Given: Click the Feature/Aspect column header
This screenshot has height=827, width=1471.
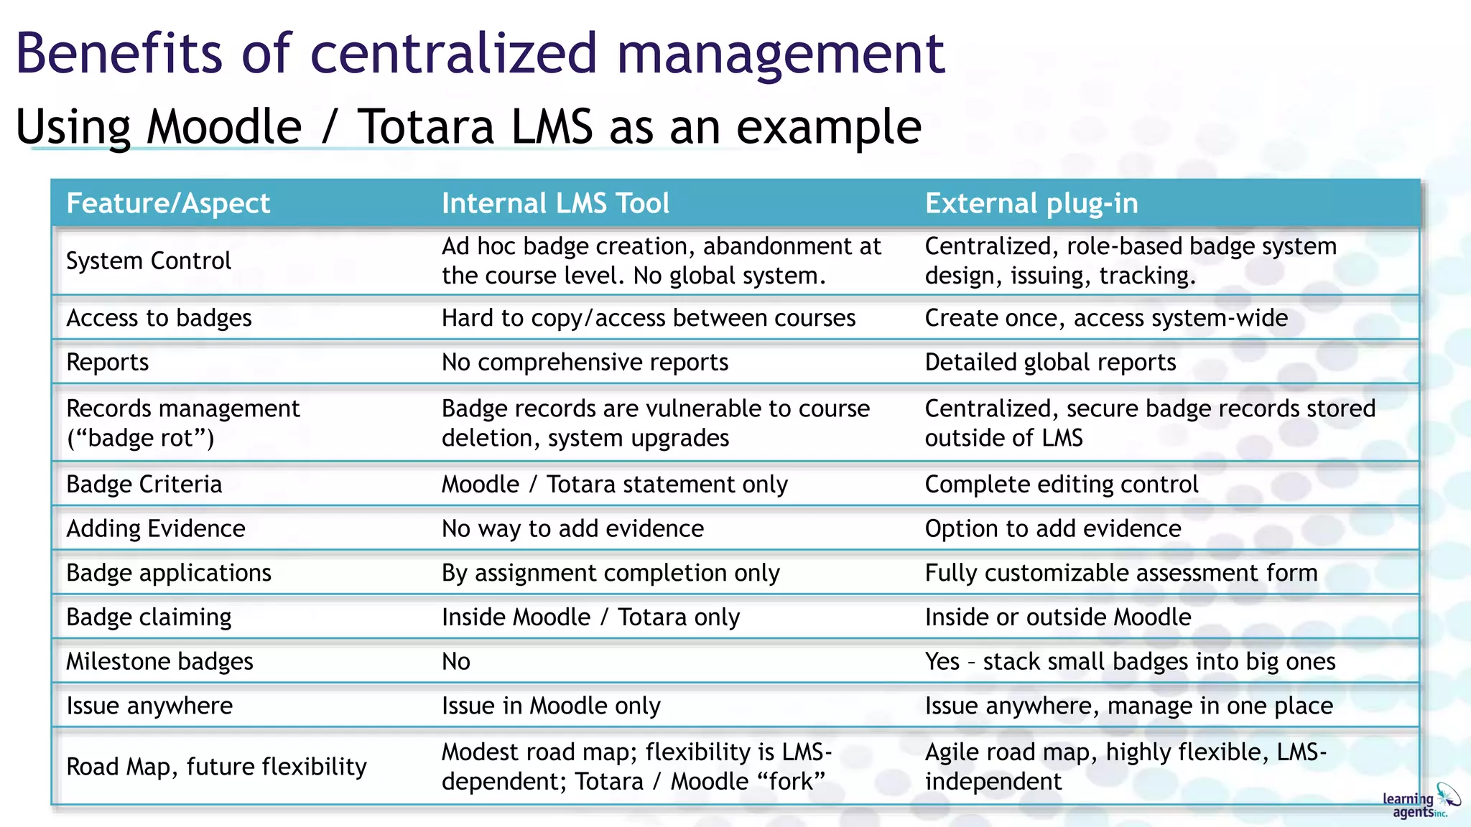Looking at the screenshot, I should [x=168, y=204].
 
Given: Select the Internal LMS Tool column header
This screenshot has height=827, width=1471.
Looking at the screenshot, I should [x=555, y=204].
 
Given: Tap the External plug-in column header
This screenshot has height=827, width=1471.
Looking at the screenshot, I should [x=1031, y=204].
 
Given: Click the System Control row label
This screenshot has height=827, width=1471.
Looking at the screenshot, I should [x=149, y=261].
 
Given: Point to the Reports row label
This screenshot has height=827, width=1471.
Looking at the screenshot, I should [x=108, y=363].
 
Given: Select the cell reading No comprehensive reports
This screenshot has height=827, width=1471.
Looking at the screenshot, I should [x=585, y=363].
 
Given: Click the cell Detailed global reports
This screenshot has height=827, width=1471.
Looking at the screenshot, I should [x=1050, y=363].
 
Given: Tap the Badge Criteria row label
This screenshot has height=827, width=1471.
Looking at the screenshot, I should [x=144, y=485].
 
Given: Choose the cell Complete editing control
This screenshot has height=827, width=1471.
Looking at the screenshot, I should [x=1062, y=485].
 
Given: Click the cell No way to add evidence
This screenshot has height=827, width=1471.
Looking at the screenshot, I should [x=572, y=529].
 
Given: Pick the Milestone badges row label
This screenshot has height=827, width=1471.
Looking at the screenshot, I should [x=159, y=662].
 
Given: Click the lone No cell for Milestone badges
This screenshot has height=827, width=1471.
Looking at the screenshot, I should [x=456, y=662].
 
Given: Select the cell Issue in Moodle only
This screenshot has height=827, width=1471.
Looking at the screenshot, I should [x=551, y=706].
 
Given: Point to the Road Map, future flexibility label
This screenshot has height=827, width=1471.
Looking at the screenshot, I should [x=216, y=767].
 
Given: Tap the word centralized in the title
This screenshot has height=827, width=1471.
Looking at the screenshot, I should [x=453, y=53].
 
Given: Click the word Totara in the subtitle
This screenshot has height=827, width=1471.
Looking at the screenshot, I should [x=426, y=127].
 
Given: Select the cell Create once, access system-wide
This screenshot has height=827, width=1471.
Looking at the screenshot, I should [x=1106, y=318].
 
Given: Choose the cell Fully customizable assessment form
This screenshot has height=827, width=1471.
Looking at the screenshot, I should [x=1121, y=573].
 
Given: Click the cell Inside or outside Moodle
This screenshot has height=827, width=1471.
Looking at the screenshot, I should [x=1058, y=617].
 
